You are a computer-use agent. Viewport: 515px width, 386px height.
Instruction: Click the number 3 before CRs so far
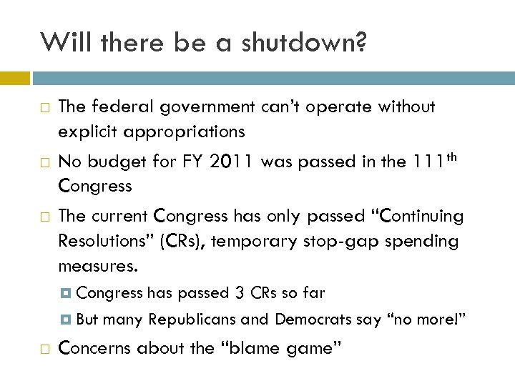coord(240,292)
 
